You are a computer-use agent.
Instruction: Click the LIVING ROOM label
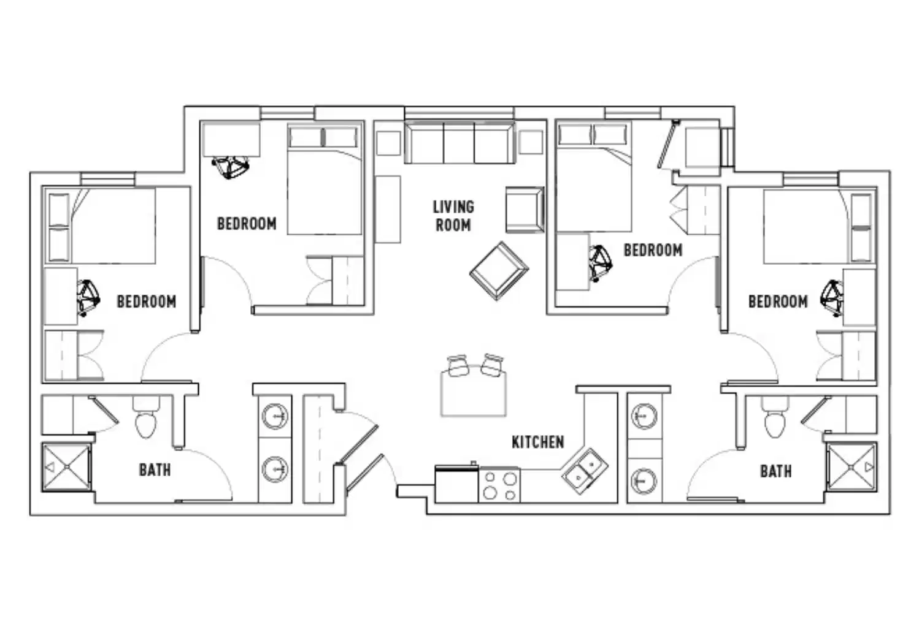tap(453, 216)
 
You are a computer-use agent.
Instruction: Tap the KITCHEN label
tap(537, 442)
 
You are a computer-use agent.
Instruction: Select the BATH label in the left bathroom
tap(155, 470)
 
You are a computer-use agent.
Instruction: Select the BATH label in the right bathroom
tap(775, 471)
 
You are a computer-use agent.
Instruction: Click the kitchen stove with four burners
tap(499, 485)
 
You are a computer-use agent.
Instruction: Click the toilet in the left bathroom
tap(146, 419)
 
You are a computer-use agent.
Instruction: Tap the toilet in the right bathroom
tap(774, 419)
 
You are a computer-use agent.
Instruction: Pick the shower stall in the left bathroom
tap(66, 468)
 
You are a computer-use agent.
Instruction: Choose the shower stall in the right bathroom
tap(852, 467)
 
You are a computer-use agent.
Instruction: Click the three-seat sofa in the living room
tap(459, 143)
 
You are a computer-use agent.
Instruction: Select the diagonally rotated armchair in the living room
tap(499, 270)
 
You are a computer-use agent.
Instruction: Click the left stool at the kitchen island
tap(458, 366)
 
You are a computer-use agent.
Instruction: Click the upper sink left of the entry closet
tap(274, 417)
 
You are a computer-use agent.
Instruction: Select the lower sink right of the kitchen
tap(644, 481)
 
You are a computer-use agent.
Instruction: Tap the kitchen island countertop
tap(473, 395)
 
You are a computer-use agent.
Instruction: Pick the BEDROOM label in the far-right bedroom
tap(777, 302)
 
